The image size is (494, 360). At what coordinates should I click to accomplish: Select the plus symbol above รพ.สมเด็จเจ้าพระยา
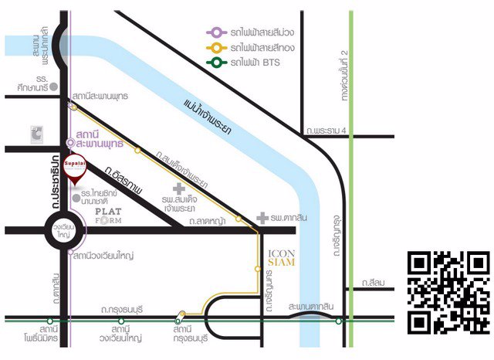[x=179, y=188]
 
